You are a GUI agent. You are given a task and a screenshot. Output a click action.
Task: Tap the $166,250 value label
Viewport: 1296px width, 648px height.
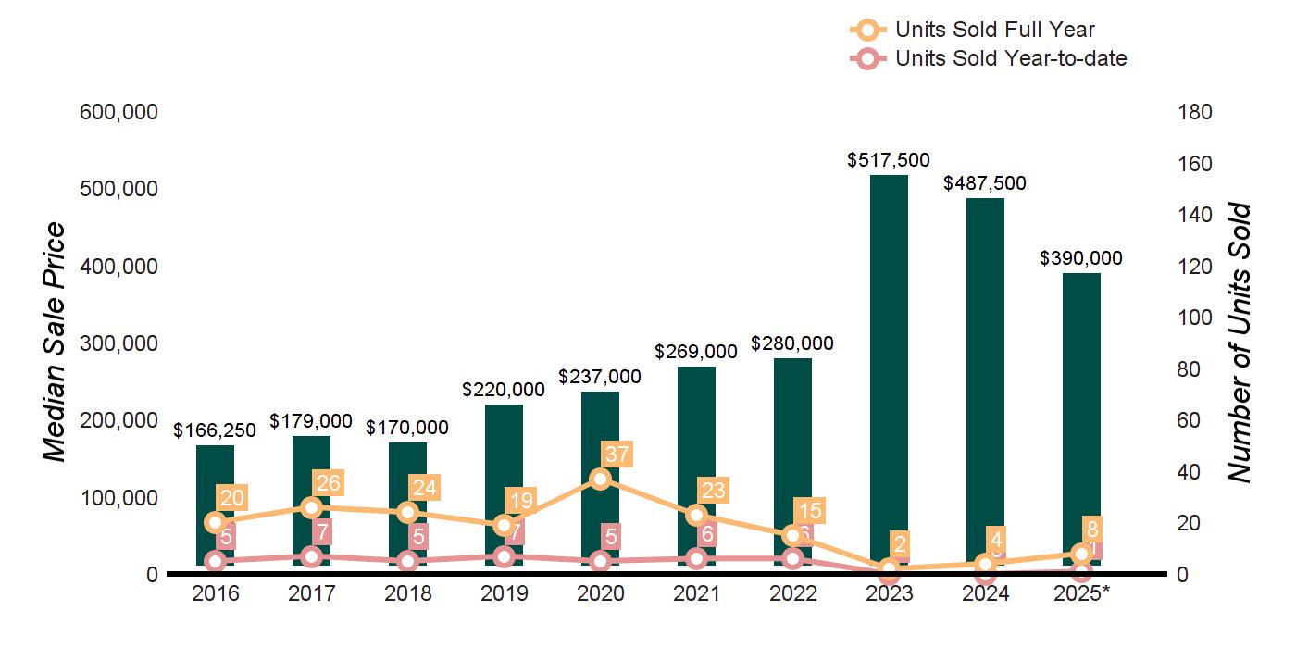pyautogui.click(x=216, y=430)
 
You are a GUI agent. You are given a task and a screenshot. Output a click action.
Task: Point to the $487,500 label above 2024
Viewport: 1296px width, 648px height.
pyautogui.click(x=985, y=183)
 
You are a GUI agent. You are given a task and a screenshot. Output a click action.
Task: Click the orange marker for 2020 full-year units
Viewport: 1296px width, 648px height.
pyautogui.click(x=601, y=479)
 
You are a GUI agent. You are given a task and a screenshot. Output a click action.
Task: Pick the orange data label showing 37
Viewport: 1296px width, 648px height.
pyautogui.click(x=616, y=454)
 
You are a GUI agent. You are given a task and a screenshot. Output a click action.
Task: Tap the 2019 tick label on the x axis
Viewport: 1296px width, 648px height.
pyautogui.click(x=505, y=593)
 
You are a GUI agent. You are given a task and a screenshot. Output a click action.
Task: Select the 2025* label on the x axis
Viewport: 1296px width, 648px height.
pyautogui.click(x=1081, y=593)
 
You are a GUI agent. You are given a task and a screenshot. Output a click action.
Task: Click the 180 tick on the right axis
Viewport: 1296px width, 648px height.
pyautogui.click(x=1195, y=112)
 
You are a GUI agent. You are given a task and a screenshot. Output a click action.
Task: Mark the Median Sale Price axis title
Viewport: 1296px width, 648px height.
pyautogui.click(x=56, y=343)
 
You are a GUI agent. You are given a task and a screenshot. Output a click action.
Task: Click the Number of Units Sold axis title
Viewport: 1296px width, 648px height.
pyautogui.click(x=1240, y=343)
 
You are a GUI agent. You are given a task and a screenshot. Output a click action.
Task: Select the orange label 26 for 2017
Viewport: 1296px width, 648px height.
pyautogui.click(x=327, y=482)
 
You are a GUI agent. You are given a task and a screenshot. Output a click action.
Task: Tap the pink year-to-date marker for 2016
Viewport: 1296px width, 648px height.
pyautogui.click(x=216, y=561)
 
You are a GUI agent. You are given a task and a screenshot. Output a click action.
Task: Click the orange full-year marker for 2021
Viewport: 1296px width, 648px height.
pyautogui.click(x=697, y=515)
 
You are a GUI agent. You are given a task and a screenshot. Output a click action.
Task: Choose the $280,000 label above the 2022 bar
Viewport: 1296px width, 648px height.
pyautogui.click(x=792, y=343)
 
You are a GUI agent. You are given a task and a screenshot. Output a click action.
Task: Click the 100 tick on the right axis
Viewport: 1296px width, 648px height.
pyautogui.click(x=1195, y=318)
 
